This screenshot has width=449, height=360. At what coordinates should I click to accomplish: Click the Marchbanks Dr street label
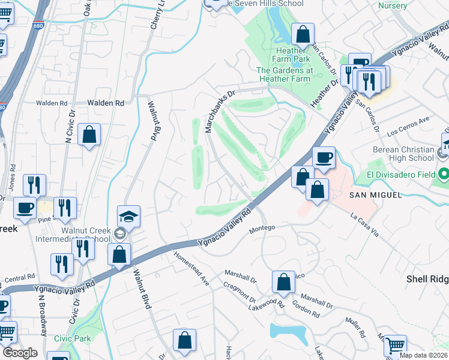220,104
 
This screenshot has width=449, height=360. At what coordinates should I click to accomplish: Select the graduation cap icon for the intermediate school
128,217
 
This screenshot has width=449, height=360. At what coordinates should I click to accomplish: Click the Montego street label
262,228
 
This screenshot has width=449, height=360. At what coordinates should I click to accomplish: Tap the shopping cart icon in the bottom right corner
394,346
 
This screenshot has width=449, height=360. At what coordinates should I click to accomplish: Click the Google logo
20,353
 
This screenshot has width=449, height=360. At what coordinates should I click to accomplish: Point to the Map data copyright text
424,355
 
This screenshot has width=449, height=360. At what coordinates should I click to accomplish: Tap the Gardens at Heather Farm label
284,74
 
